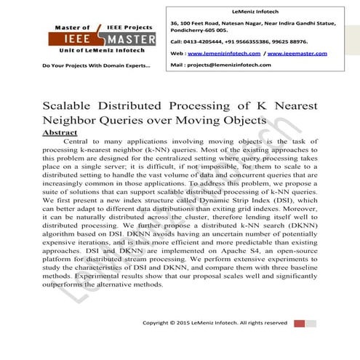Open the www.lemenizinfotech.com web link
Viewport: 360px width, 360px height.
tap(226, 53)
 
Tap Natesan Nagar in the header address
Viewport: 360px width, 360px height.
tap(237, 23)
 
